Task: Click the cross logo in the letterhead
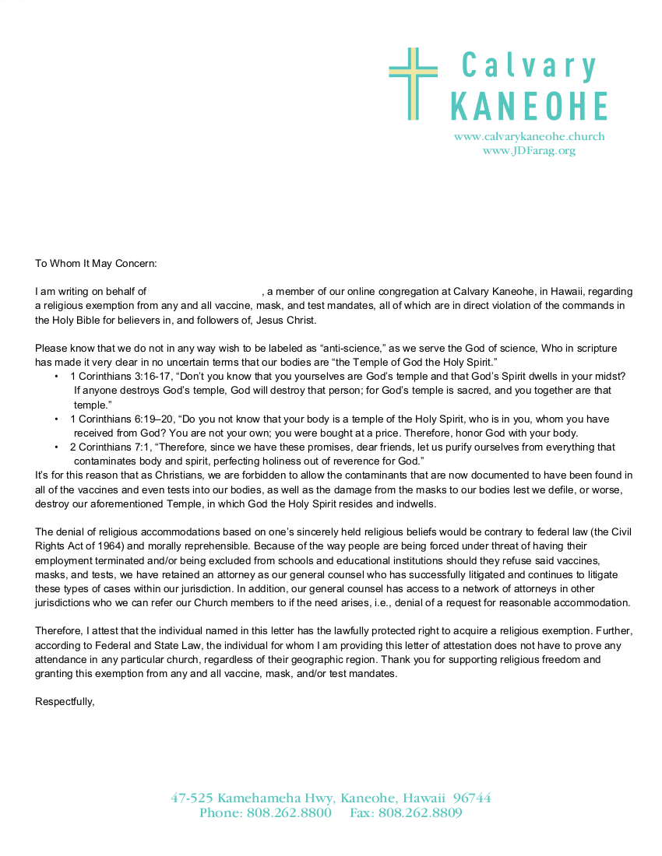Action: coord(414,83)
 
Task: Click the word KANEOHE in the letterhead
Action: coord(529,106)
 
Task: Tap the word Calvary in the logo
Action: coord(529,65)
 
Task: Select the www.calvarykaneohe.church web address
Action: coord(529,136)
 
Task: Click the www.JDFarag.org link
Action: coord(529,150)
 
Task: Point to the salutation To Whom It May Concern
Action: coord(96,263)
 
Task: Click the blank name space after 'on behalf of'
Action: coord(204,292)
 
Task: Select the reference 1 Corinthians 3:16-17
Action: coord(120,376)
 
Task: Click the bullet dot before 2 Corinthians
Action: coord(57,447)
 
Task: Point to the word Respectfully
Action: coord(65,701)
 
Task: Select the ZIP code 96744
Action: coord(472,798)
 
